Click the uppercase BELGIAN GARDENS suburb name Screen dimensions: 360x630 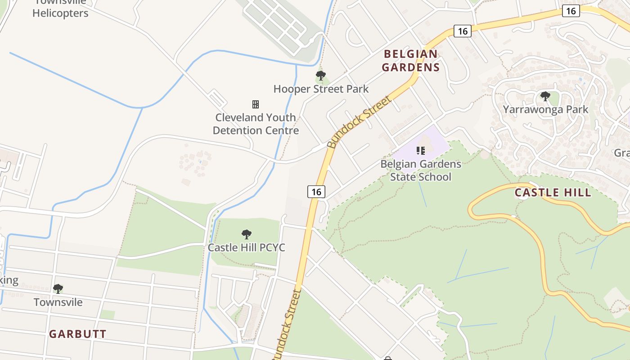pyautogui.click(x=411, y=61)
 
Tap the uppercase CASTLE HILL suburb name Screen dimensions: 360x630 pyautogui.click(x=553, y=193)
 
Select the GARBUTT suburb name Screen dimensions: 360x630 pyautogui.click(x=77, y=334)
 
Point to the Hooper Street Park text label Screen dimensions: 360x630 pyautogui.click(x=321, y=89)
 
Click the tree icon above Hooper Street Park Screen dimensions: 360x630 pyautogui.click(x=320, y=76)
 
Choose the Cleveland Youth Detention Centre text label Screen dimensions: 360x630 pyautogui.click(x=256, y=124)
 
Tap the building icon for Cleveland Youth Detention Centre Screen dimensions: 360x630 pyautogui.click(x=256, y=104)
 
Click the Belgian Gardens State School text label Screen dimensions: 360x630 pyautogui.click(x=421, y=170)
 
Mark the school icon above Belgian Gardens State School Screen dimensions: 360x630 pyautogui.click(x=421, y=150)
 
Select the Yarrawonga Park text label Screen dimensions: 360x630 pyautogui.click(x=545, y=109)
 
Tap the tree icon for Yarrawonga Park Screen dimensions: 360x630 pyautogui.click(x=545, y=96)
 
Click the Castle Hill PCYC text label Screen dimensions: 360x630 pyautogui.click(x=246, y=247)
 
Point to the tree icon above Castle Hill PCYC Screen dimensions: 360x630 pyautogui.click(x=246, y=234)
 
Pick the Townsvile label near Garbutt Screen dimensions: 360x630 pyautogui.click(x=58, y=302)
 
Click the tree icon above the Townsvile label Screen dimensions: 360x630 pyautogui.click(x=58, y=288)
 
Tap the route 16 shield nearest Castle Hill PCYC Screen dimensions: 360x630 pyautogui.click(x=316, y=192)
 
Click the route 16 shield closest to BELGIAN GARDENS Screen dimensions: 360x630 pyautogui.click(x=462, y=31)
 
